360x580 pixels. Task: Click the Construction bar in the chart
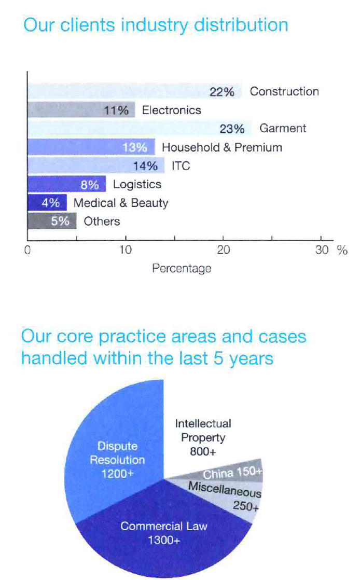(135, 91)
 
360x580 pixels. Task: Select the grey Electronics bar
(81, 110)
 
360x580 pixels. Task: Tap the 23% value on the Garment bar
(232, 129)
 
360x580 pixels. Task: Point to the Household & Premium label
(222, 147)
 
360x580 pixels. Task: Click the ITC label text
(181, 165)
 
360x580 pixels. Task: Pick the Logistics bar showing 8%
(66, 184)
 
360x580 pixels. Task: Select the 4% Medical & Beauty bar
(47, 203)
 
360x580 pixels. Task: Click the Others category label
(102, 221)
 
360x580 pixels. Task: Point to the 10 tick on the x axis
(126, 250)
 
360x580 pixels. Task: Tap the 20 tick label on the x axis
(223, 250)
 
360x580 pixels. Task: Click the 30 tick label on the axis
(322, 250)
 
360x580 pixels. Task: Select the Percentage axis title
(182, 268)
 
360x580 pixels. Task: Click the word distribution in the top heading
(241, 25)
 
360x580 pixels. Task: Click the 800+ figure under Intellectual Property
(203, 451)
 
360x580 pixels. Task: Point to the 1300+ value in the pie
(164, 541)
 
